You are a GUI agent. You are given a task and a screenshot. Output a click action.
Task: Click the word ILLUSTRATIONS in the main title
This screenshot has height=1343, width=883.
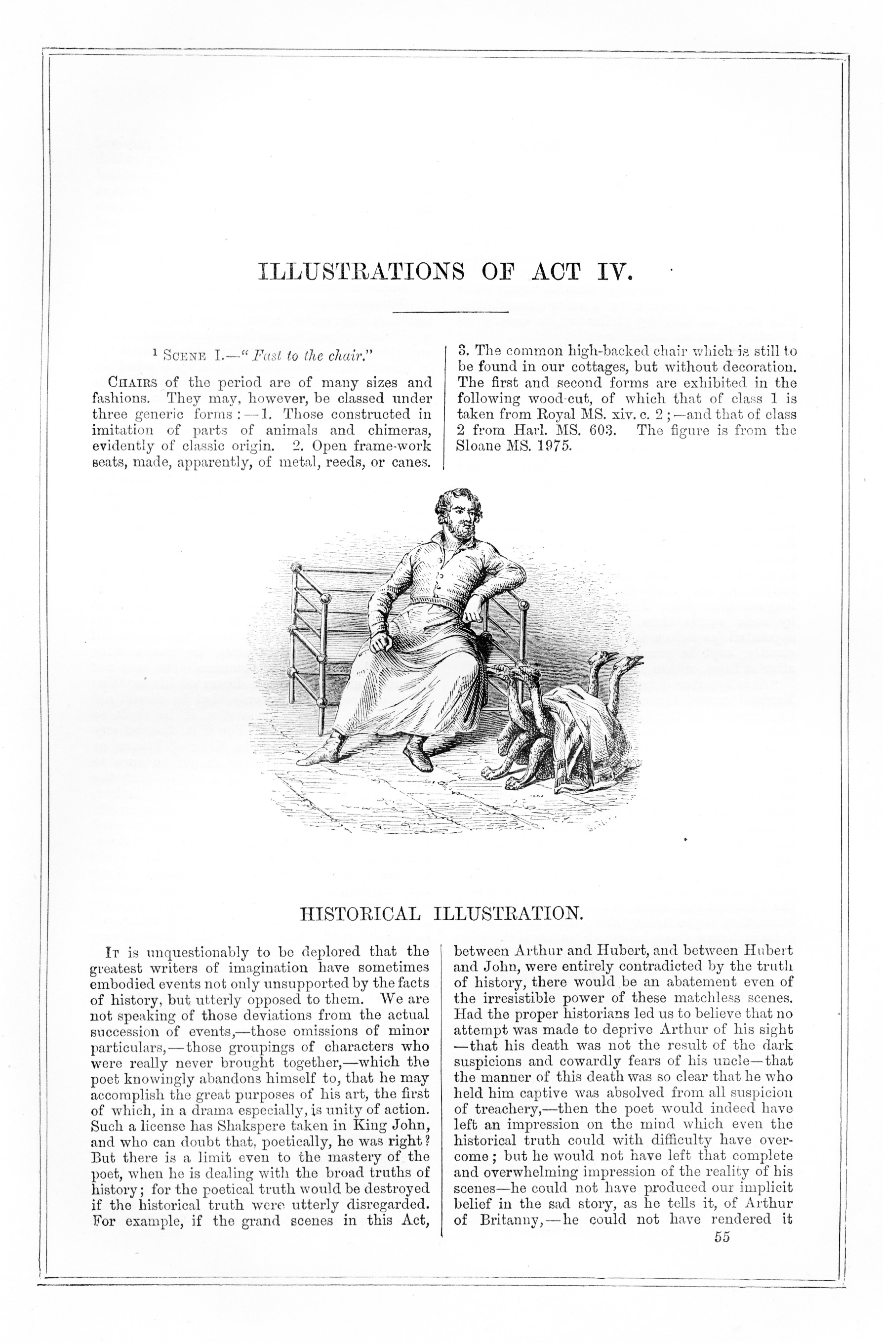(x=361, y=272)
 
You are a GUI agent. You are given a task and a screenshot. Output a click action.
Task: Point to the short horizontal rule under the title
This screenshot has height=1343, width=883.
(x=450, y=312)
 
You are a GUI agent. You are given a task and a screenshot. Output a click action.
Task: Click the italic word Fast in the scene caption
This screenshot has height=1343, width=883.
(x=265, y=356)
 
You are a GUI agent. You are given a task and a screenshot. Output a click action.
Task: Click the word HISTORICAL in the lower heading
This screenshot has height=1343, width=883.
(x=360, y=913)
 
